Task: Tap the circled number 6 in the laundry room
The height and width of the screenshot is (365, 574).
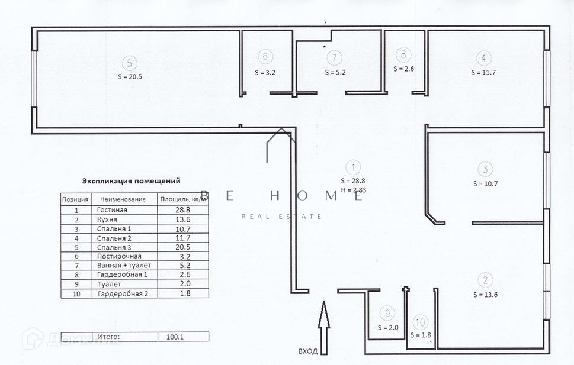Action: tap(265, 57)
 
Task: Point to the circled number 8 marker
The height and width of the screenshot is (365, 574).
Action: tap(403, 55)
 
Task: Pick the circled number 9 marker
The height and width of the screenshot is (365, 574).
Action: tap(388, 314)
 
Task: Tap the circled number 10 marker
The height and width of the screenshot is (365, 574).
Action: tap(420, 322)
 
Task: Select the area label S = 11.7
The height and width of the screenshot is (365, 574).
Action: tap(483, 72)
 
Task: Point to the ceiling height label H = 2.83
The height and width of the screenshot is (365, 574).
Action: tap(353, 190)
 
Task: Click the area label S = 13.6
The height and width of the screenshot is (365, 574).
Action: tap(485, 294)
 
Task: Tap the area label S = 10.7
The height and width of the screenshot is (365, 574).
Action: tap(485, 183)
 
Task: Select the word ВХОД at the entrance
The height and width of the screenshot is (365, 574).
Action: tap(308, 351)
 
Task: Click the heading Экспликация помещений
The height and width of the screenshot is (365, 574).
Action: tap(131, 181)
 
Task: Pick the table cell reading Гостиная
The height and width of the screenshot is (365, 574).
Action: tap(112, 210)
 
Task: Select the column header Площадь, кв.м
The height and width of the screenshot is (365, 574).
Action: tap(184, 199)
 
